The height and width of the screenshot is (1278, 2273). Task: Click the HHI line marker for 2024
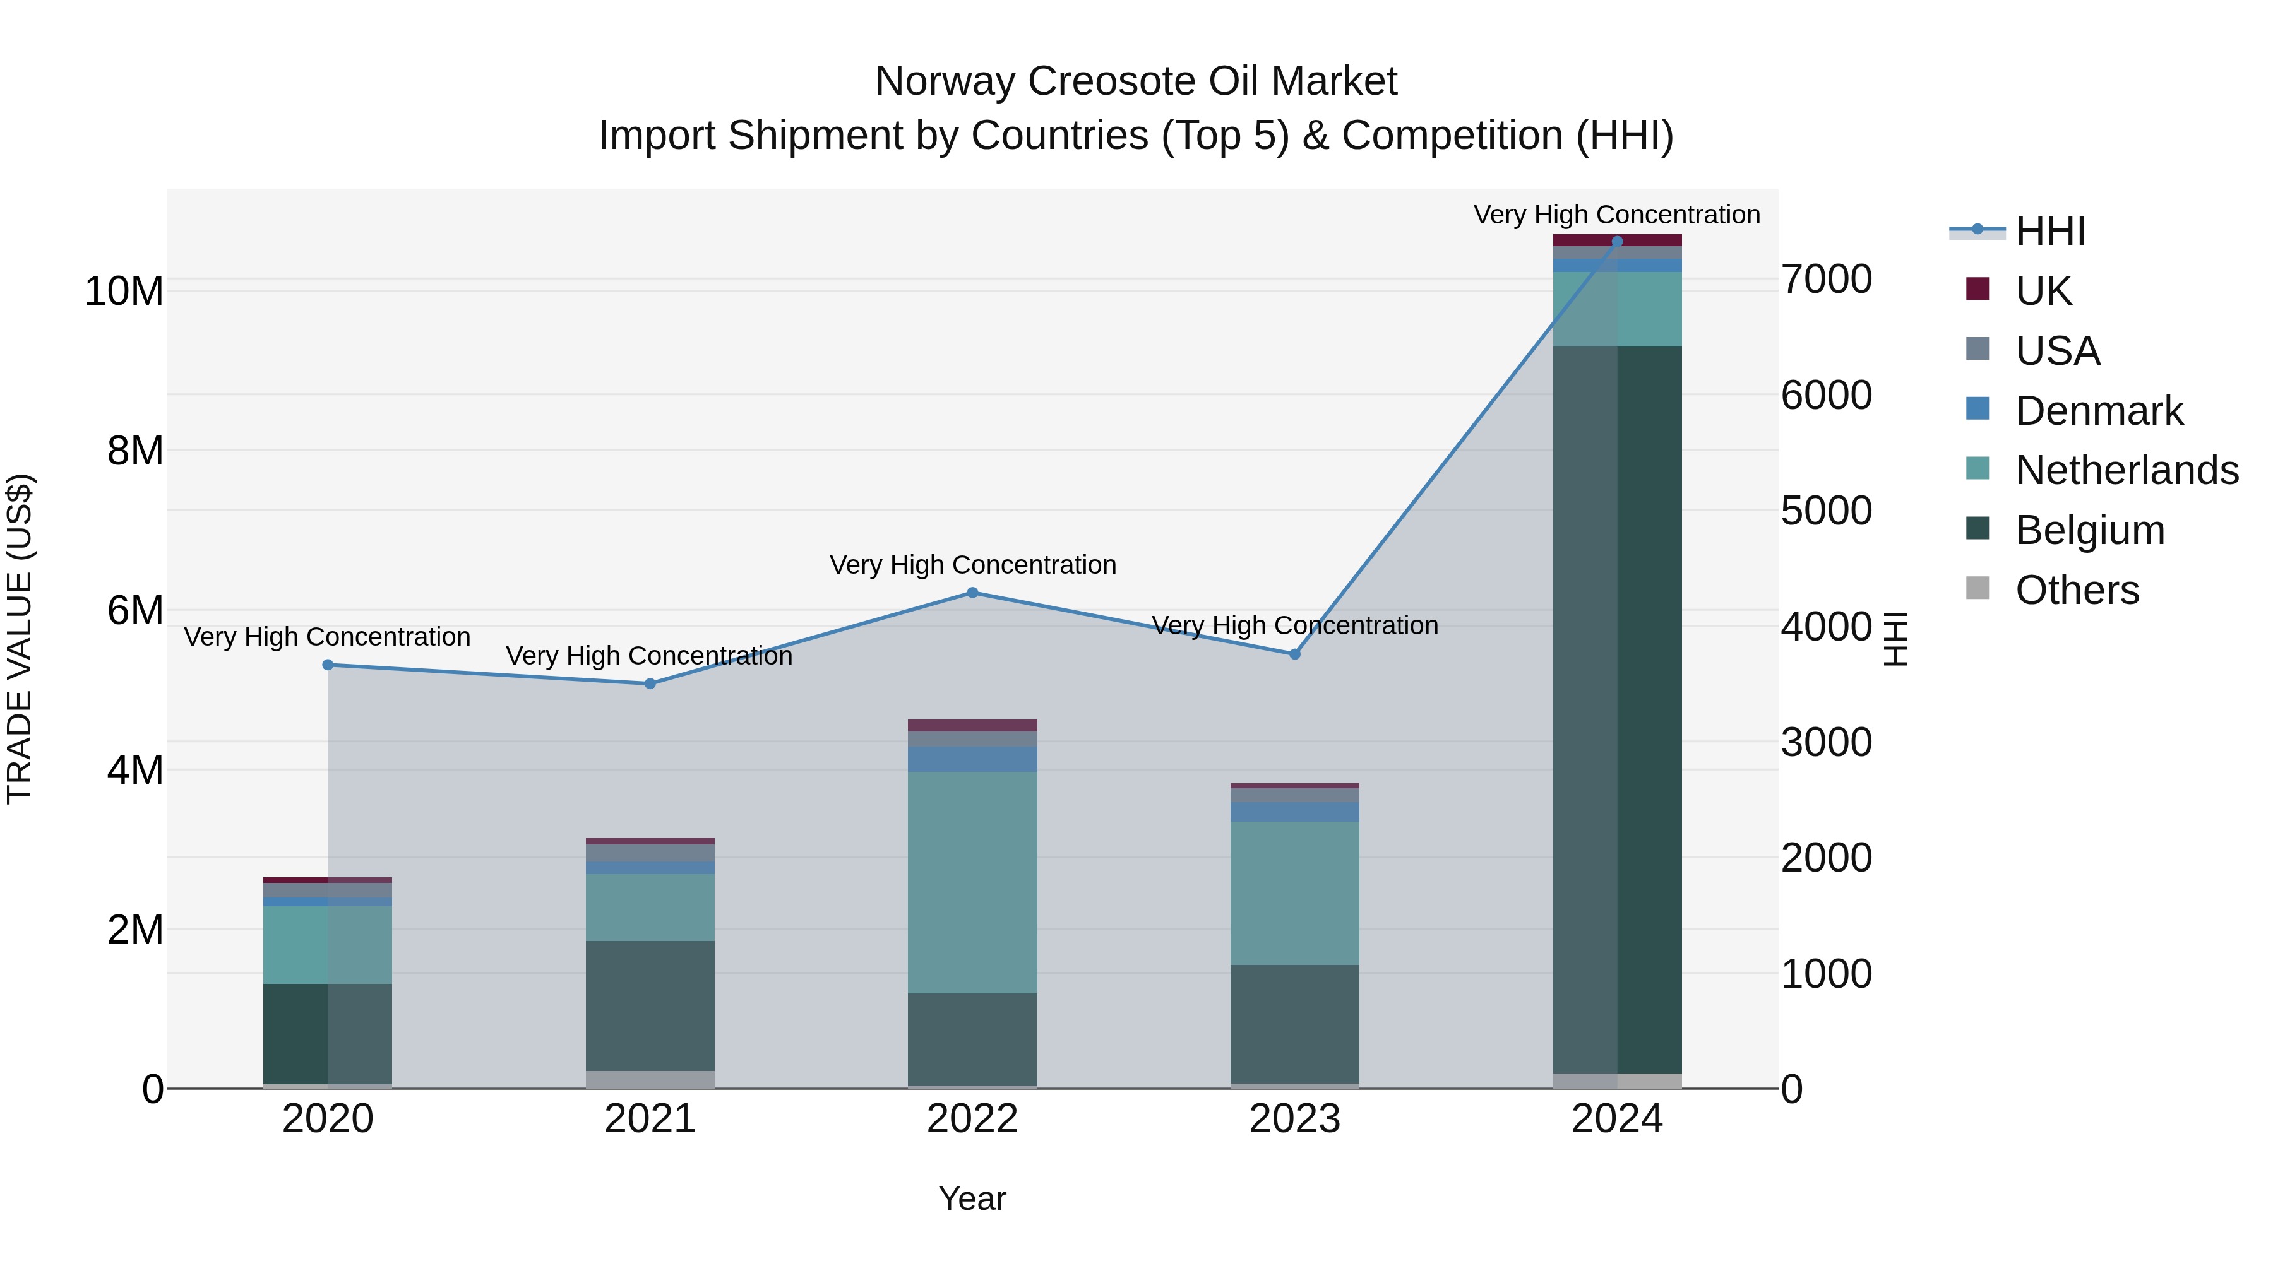point(1616,241)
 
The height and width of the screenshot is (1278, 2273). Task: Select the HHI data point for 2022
point(972,593)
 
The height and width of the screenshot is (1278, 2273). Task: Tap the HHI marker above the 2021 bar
point(650,683)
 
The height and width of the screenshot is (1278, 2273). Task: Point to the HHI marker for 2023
point(1294,654)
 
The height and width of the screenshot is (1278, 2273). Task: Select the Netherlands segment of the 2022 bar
point(972,882)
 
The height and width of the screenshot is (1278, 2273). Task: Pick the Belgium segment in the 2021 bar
point(650,1005)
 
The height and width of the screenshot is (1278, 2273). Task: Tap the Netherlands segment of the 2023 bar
point(1294,892)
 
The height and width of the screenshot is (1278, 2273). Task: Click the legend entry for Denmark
point(2098,411)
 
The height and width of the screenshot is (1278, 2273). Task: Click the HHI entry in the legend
point(2049,231)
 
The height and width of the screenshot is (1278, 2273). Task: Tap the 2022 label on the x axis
point(972,1119)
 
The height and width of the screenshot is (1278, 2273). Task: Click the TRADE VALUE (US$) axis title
point(20,639)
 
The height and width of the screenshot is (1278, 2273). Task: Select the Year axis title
point(972,1198)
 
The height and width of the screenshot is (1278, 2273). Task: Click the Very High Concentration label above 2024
point(1616,215)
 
